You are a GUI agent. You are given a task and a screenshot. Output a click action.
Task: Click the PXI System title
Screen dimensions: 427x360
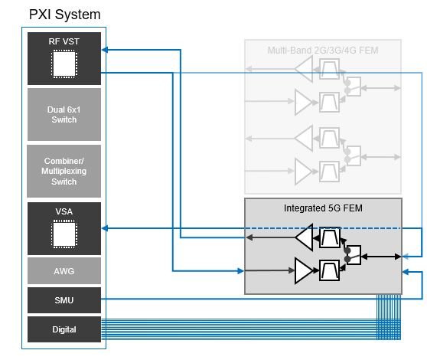[64, 15]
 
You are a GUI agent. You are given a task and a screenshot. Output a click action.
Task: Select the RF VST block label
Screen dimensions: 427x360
[64, 41]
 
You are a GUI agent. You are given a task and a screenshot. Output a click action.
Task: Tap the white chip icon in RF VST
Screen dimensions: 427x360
[64, 64]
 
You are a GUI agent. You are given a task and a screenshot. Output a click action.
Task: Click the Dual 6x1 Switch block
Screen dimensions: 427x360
[64, 114]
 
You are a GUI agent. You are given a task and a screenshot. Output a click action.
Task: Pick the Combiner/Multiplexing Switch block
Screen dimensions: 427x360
[64, 171]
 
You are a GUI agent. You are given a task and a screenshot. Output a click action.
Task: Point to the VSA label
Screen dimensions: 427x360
[64, 211]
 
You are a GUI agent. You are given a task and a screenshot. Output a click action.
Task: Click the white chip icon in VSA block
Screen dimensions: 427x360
[64, 234]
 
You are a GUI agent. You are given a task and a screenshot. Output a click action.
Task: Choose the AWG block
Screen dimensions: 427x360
[64, 271]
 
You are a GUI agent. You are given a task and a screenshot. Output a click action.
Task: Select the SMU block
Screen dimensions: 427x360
[64, 300]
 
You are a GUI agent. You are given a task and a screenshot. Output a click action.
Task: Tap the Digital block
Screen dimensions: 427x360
[64, 329]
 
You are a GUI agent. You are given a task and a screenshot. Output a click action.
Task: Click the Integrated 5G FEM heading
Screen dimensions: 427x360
[323, 208]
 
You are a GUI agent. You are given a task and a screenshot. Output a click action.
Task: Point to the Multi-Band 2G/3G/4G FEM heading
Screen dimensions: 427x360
[323, 51]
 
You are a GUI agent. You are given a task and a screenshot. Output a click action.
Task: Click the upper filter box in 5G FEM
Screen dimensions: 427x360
[330, 237]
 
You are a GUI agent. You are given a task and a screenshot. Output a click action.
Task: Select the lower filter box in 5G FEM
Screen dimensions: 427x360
[330, 270]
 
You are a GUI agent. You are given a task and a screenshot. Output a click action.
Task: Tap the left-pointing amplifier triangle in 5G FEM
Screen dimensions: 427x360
[305, 237]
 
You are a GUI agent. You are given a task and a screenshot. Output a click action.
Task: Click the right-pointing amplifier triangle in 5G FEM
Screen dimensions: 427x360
[304, 270]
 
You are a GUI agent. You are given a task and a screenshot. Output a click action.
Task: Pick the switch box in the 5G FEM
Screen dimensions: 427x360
[354, 255]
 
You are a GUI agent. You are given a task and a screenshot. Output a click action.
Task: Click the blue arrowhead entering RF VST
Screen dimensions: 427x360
[105, 50]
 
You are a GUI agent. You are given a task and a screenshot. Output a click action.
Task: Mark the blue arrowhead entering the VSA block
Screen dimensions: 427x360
[105, 228]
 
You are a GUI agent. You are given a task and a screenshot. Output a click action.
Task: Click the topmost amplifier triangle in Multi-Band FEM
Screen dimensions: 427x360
[304, 69]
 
